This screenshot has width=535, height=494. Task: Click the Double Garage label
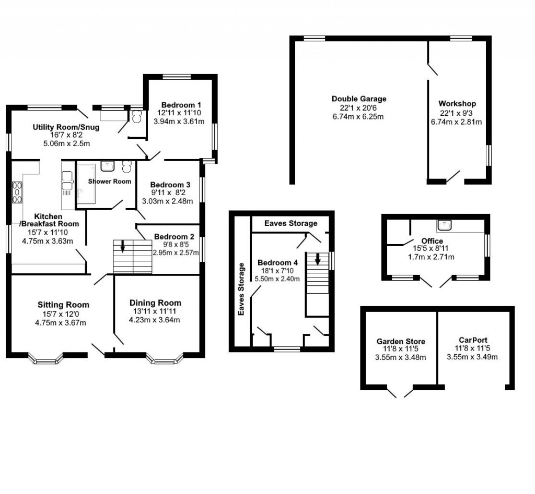click(359, 99)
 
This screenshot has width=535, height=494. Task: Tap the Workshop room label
click(457, 104)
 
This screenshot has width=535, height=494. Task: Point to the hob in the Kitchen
click(17, 191)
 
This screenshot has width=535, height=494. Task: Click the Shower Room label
click(109, 181)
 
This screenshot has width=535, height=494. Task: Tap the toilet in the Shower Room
click(126, 166)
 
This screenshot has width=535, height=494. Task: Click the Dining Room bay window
click(166, 358)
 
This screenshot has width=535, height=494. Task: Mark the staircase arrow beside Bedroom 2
click(123, 245)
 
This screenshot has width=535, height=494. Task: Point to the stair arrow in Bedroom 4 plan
click(317, 259)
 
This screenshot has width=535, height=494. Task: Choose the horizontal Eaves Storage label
click(290, 223)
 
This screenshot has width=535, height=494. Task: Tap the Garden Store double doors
click(403, 391)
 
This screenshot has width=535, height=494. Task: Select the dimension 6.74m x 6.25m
click(359, 116)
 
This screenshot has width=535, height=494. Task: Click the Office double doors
click(434, 282)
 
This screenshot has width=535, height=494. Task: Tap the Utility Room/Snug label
click(66, 127)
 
